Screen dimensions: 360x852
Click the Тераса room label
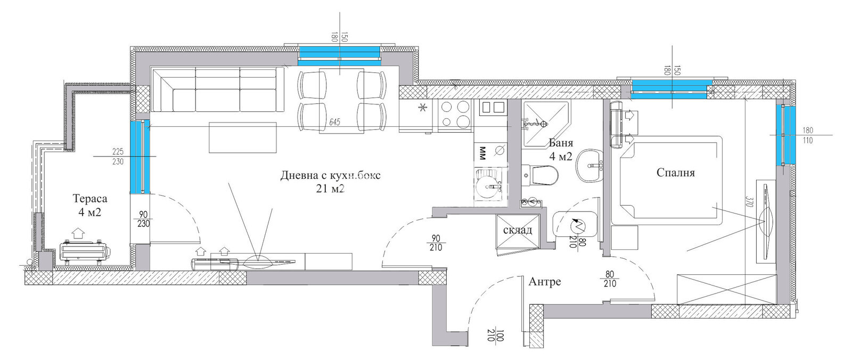point(89,199)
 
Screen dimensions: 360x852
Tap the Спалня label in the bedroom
point(675,173)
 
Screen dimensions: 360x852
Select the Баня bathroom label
point(561,143)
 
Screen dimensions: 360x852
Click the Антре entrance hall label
point(544,282)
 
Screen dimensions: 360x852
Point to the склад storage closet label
point(517,230)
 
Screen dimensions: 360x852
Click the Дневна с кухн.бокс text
point(330,176)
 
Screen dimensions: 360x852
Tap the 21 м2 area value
point(330,188)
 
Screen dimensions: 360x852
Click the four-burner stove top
point(455,114)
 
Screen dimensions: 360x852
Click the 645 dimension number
point(334,122)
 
